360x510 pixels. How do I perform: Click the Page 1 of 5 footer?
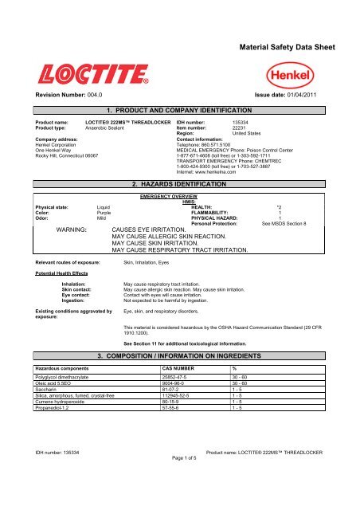pos(179,504)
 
